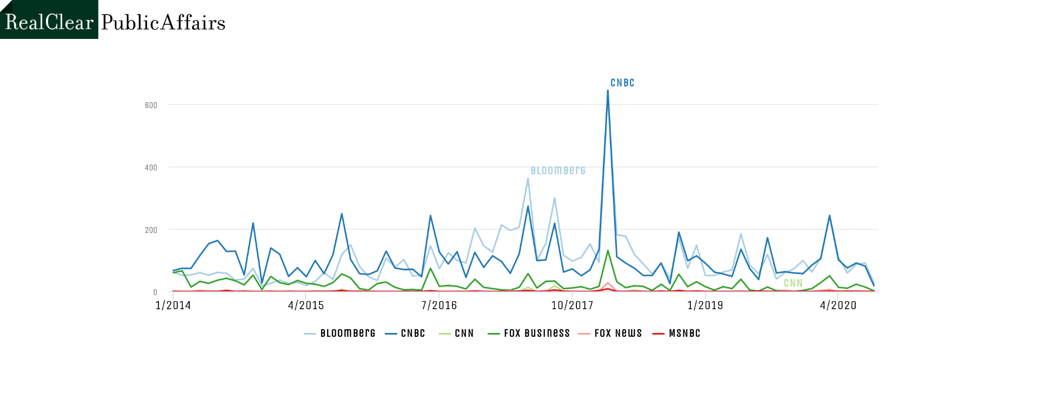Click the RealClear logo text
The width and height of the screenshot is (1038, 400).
click(x=49, y=22)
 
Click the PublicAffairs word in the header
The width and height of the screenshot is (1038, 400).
click(x=163, y=22)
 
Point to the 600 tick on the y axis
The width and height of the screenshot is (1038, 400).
click(x=151, y=105)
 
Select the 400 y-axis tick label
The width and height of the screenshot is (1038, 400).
click(x=151, y=168)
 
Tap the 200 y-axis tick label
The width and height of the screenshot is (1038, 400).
click(x=151, y=230)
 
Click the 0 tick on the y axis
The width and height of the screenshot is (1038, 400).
click(x=155, y=292)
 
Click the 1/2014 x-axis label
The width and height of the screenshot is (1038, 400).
click(x=173, y=305)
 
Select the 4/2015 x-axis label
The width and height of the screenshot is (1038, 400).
click(x=306, y=305)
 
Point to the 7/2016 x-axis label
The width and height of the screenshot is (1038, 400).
click(x=439, y=305)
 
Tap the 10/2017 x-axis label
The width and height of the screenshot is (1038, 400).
click(x=572, y=305)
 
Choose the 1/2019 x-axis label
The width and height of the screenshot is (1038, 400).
click(x=705, y=305)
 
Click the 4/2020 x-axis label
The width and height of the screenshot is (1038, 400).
click(x=838, y=305)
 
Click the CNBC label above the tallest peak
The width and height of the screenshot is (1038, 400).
click(x=622, y=83)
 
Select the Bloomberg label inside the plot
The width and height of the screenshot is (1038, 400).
click(x=558, y=171)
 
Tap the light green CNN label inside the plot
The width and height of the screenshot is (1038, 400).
click(x=793, y=283)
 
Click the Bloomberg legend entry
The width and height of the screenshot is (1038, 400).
click(x=340, y=334)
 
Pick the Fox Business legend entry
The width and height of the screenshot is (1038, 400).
click(x=529, y=334)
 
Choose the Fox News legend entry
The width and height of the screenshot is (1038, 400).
click(x=610, y=334)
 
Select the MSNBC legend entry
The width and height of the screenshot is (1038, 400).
click(x=676, y=334)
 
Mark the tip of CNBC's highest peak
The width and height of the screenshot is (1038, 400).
click(x=608, y=90)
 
